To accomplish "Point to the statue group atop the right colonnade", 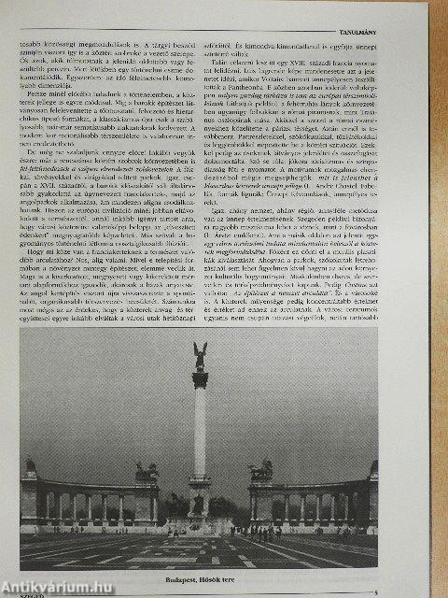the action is [x=260, y=470].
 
